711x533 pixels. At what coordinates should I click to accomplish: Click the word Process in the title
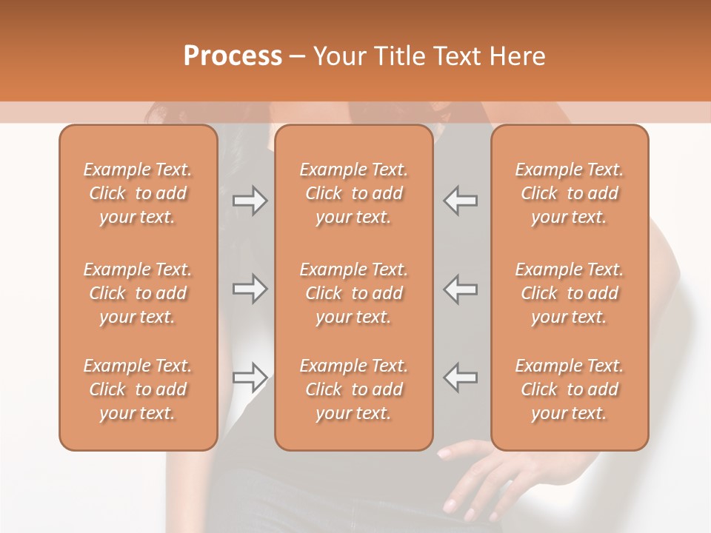233,56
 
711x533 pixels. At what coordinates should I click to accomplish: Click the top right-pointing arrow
250,201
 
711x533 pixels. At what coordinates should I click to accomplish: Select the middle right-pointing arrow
250,289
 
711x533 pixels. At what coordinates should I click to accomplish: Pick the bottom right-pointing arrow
250,378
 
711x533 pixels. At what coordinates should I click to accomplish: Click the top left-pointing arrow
461,201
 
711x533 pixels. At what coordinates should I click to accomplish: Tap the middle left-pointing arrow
461,289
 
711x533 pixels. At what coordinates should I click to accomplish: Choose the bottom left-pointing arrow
461,378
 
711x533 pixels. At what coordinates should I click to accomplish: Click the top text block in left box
138,193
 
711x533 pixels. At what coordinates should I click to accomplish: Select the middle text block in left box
138,293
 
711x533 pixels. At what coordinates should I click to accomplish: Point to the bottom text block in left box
138,389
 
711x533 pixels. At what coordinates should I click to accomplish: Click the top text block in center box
354,193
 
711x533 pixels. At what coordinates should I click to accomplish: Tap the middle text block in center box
354,293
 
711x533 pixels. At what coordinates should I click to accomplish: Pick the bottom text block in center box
354,389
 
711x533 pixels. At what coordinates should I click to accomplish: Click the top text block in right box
570,193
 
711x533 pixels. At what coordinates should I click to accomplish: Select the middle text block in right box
570,293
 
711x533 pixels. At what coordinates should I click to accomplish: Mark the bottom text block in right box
570,389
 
